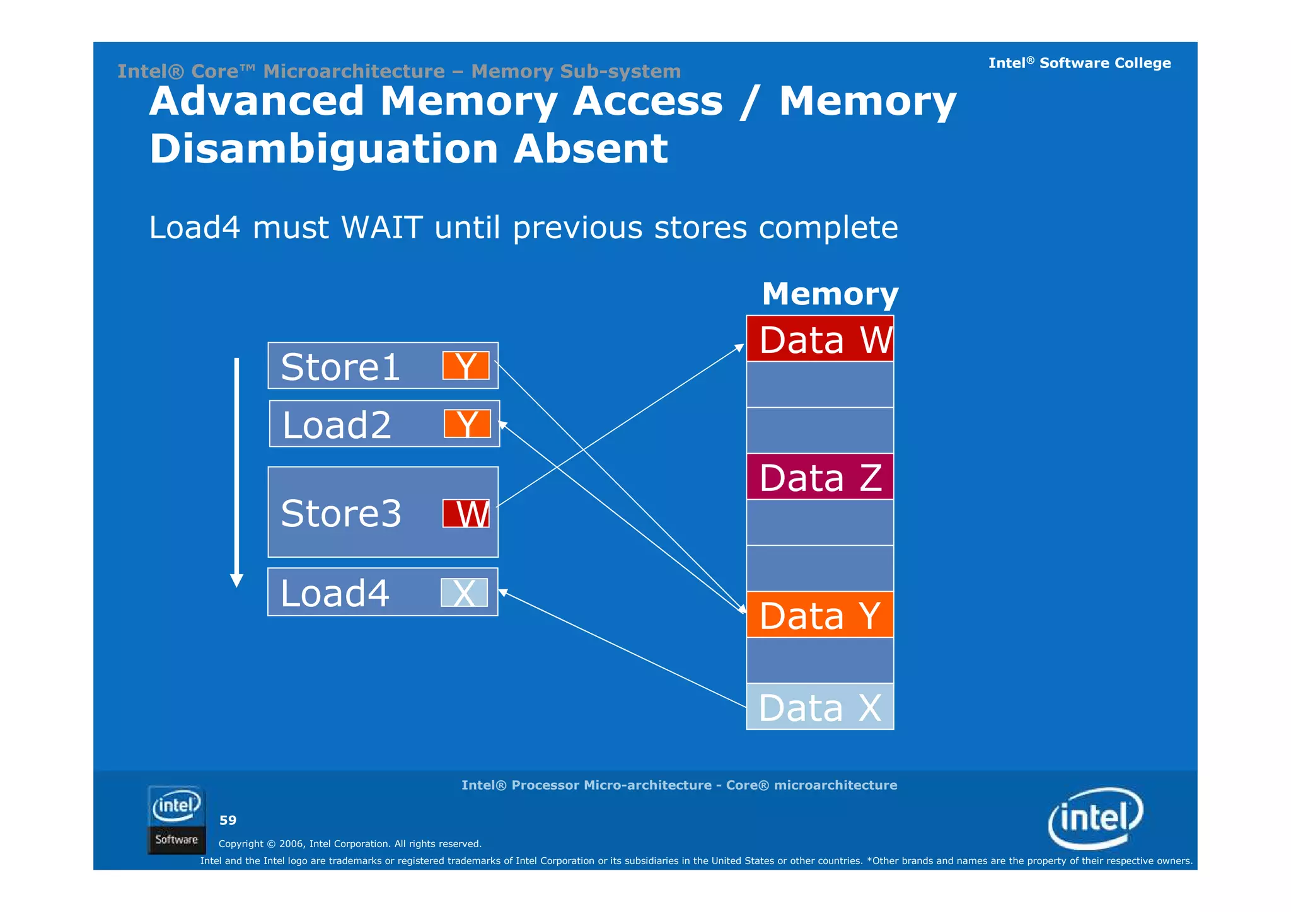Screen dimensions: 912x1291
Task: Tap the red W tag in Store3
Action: pos(466,514)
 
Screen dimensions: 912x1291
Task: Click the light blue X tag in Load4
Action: pos(465,593)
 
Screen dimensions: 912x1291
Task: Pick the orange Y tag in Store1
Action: pos(466,366)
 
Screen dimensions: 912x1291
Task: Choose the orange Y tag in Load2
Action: pos(467,424)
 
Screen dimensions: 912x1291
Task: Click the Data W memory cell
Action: pos(820,340)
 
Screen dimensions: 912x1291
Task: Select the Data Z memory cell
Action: pos(820,477)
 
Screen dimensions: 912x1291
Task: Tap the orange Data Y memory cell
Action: pos(820,615)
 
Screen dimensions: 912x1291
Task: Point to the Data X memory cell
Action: pos(820,707)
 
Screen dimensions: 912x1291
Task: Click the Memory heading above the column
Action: pos(830,294)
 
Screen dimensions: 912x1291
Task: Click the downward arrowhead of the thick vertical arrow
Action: pos(237,580)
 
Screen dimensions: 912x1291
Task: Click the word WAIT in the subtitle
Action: pos(381,228)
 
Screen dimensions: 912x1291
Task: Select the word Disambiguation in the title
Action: pos(324,149)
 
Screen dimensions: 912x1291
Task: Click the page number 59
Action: pos(228,821)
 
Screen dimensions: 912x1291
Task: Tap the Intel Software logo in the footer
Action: pos(177,820)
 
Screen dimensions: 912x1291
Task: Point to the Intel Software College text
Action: pos(1079,63)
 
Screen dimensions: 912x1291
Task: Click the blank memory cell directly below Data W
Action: pos(820,384)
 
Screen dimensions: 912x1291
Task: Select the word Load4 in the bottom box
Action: pos(335,594)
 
